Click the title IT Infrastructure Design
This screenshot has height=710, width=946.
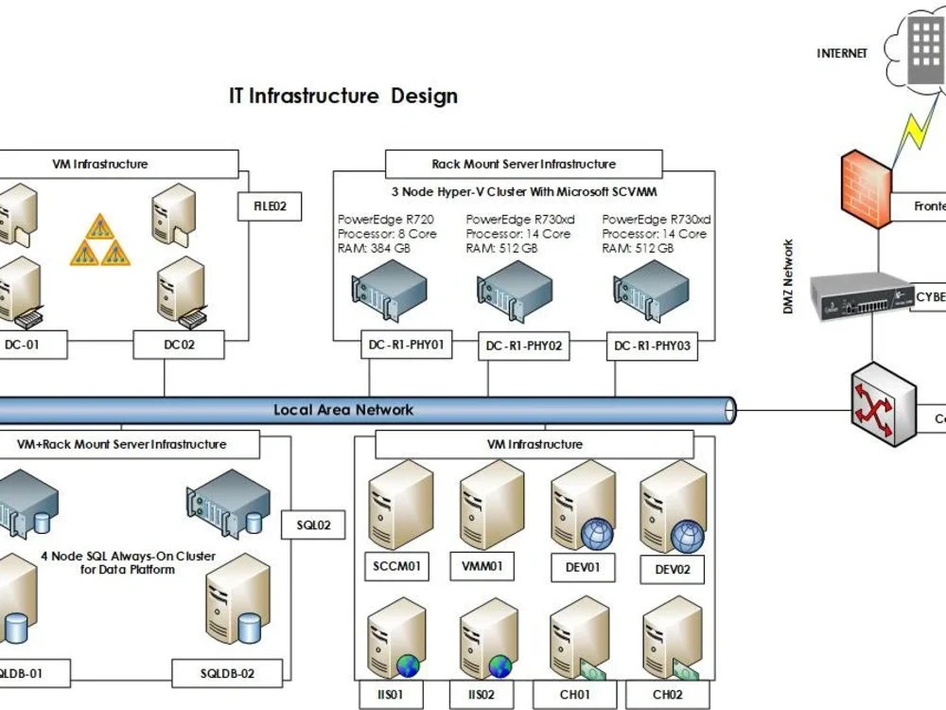[x=343, y=96]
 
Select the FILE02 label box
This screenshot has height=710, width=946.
[x=270, y=206]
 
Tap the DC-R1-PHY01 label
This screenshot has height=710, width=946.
[x=406, y=345]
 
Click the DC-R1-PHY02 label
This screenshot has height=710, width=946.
[x=524, y=346]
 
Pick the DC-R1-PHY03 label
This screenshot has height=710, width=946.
[x=652, y=346]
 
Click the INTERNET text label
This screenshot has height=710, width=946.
[x=841, y=54]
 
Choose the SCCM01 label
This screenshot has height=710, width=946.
[x=395, y=567]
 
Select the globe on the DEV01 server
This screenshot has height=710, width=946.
[x=597, y=535]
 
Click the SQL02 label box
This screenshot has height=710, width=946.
[x=313, y=525]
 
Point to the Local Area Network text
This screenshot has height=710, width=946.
[x=343, y=410]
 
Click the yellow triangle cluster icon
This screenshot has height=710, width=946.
[x=100, y=241]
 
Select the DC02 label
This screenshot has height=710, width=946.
[x=179, y=345]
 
